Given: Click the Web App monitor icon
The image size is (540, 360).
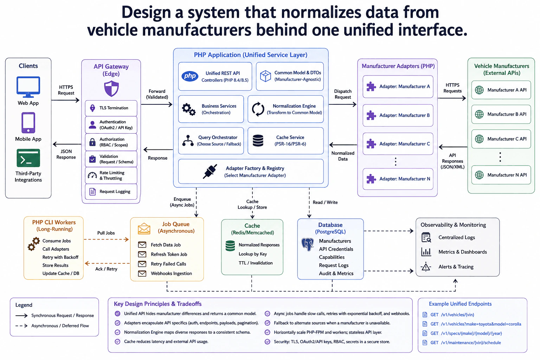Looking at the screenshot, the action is (x=28, y=87).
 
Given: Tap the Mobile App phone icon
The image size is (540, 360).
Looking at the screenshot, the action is (x=28, y=123).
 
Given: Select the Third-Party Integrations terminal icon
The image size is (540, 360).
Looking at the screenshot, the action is (x=28, y=158).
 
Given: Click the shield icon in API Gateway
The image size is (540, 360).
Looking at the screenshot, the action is (x=111, y=89).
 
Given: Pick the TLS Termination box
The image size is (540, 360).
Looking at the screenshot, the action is (x=111, y=108).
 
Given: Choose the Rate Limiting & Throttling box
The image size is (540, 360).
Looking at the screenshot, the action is (x=111, y=175).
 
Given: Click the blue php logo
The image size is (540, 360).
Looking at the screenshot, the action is (x=190, y=76).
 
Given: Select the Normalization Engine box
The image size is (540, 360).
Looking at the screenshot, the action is (x=286, y=109).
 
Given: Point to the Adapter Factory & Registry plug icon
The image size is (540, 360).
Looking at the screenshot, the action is (x=210, y=172).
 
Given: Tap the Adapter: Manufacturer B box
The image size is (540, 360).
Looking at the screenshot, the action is (x=398, y=115).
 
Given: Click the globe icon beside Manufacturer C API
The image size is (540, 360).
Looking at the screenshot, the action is (x=479, y=139).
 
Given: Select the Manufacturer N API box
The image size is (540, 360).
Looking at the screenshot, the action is (x=501, y=175).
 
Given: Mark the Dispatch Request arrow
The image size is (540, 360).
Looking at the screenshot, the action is (x=342, y=104).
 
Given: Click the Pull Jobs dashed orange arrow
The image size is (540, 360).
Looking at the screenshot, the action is (x=106, y=239).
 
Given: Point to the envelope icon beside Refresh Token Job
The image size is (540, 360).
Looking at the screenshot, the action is (x=142, y=255).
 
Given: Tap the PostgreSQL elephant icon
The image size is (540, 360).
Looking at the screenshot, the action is (x=308, y=244).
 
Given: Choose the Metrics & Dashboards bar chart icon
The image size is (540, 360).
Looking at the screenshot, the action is (x=426, y=252).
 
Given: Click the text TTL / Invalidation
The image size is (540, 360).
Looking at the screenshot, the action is (x=256, y=263).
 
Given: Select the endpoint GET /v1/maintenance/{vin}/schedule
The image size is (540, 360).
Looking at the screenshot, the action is (x=465, y=343).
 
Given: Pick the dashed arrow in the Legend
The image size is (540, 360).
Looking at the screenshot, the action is (x=21, y=326).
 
